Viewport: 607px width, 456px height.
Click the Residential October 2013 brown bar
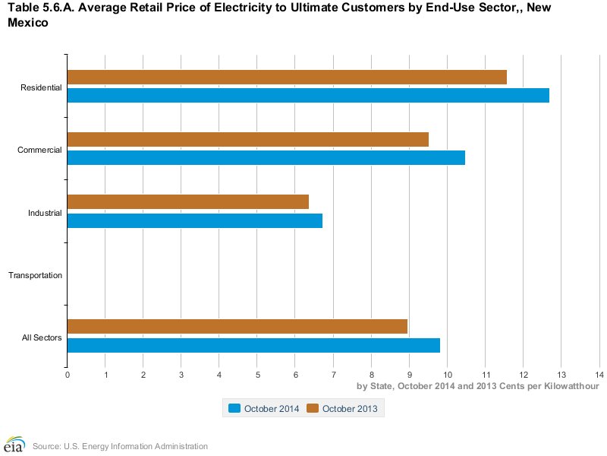287,78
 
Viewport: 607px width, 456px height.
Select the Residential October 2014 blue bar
308,96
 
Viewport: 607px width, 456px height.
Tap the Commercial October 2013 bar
247,140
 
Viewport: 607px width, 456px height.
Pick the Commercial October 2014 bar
266,158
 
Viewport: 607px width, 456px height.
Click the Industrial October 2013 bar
187,202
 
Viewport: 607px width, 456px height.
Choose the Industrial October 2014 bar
194,220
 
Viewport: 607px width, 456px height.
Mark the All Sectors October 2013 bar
237,327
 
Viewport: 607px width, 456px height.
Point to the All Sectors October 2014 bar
253,345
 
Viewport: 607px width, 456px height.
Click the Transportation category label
35,275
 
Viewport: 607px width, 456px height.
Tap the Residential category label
41,87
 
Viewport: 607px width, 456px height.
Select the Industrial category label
45,213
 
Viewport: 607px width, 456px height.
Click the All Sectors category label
42,337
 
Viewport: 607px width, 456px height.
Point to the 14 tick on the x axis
599,375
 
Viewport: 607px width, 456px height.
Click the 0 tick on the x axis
68,375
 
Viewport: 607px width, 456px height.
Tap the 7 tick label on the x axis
333,375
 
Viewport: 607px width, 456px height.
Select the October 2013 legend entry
343,409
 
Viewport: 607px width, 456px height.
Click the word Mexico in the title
28,23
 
